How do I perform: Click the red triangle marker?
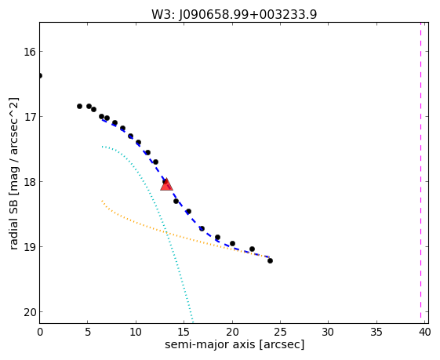166,184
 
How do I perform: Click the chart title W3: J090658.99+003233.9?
234,14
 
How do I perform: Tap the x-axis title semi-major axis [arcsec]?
235,344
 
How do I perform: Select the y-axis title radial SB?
14,224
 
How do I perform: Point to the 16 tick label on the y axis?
30,51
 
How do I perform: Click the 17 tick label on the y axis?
30,116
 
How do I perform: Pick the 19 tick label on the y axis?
30,247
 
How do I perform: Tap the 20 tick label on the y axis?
30,312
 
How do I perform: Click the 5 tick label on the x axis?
88,333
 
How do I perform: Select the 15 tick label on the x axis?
184,333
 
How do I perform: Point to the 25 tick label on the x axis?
280,333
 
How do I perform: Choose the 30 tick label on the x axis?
329,333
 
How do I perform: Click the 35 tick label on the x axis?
376,333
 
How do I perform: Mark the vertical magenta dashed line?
420,170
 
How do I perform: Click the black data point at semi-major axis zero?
39,76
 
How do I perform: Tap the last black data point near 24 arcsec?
270,261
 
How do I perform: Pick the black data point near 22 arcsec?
252,249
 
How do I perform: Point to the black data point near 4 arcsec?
79,107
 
